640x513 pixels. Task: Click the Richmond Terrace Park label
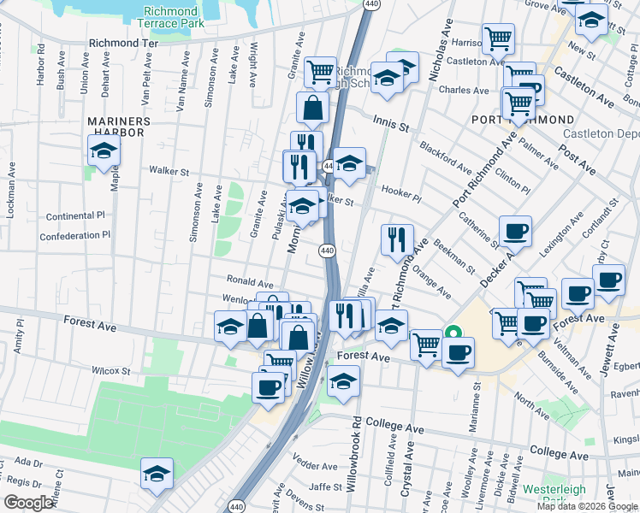click(171, 17)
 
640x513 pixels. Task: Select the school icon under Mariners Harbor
click(104, 151)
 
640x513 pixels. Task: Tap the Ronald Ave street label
click(249, 281)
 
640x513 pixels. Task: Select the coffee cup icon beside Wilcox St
click(268, 386)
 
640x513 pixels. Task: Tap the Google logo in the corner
click(29, 503)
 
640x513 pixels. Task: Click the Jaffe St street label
click(325, 486)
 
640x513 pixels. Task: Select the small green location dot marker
click(453, 333)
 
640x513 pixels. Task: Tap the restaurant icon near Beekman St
click(396, 241)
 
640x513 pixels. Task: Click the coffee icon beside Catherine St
click(515, 232)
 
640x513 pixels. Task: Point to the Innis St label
click(390, 124)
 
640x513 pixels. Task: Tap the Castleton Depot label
click(601, 134)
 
